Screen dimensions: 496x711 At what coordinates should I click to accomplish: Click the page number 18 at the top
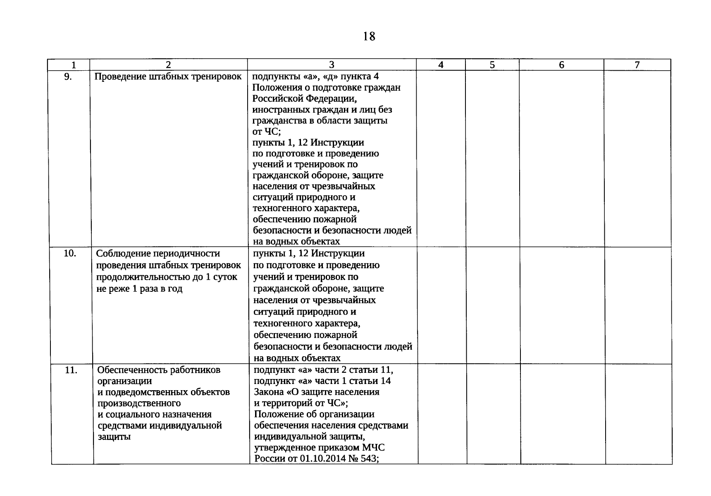click(x=369, y=37)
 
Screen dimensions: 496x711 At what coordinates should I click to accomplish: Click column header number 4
click(x=441, y=65)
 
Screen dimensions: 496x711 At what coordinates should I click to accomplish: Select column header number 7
click(x=637, y=65)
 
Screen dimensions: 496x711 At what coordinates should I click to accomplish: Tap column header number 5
click(x=492, y=65)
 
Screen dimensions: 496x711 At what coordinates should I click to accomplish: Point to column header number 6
click(x=561, y=65)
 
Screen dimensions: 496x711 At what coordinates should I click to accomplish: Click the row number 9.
click(x=68, y=76)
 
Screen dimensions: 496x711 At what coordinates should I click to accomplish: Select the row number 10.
click(x=69, y=253)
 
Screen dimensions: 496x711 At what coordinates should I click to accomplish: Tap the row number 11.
click(x=71, y=370)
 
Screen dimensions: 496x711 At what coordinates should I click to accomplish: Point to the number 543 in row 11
click(x=370, y=458)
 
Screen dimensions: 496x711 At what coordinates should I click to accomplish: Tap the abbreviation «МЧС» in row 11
click(x=374, y=448)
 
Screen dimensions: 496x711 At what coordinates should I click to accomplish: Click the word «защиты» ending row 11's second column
click(x=114, y=436)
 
